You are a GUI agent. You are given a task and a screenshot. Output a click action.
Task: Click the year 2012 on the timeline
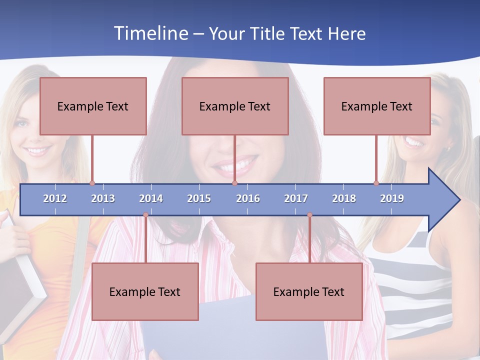coord(55,198)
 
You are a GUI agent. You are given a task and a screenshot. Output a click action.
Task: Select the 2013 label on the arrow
coord(103,198)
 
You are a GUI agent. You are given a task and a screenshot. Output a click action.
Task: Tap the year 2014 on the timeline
coord(151,198)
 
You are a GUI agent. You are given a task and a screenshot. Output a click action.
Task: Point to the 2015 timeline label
coord(199,198)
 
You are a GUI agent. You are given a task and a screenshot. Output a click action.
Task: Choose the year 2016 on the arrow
coord(248,198)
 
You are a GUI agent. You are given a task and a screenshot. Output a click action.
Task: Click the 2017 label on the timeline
coord(296,198)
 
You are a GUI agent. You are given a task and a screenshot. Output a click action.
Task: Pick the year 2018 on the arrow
coord(344,198)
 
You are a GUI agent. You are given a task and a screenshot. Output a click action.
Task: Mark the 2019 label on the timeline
coord(392,198)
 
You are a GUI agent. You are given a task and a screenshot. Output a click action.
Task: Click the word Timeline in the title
coord(150,33)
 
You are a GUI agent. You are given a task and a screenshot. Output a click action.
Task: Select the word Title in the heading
coord(268,33)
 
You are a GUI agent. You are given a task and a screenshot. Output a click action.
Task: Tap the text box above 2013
coord(93,106)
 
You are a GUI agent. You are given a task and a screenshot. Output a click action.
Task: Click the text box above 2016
coord(235,106)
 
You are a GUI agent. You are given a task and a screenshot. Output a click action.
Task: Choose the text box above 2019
coord(377,106)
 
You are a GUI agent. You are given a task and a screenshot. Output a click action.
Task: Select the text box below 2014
coord(145,291)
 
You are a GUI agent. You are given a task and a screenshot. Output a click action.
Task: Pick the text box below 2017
coord(309,291)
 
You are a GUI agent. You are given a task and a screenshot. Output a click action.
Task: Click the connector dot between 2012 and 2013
coord(92,183)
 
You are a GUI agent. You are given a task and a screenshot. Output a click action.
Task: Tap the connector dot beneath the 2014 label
coord(145,215)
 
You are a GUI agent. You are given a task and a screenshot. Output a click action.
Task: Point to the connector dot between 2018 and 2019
coord(376,183)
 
